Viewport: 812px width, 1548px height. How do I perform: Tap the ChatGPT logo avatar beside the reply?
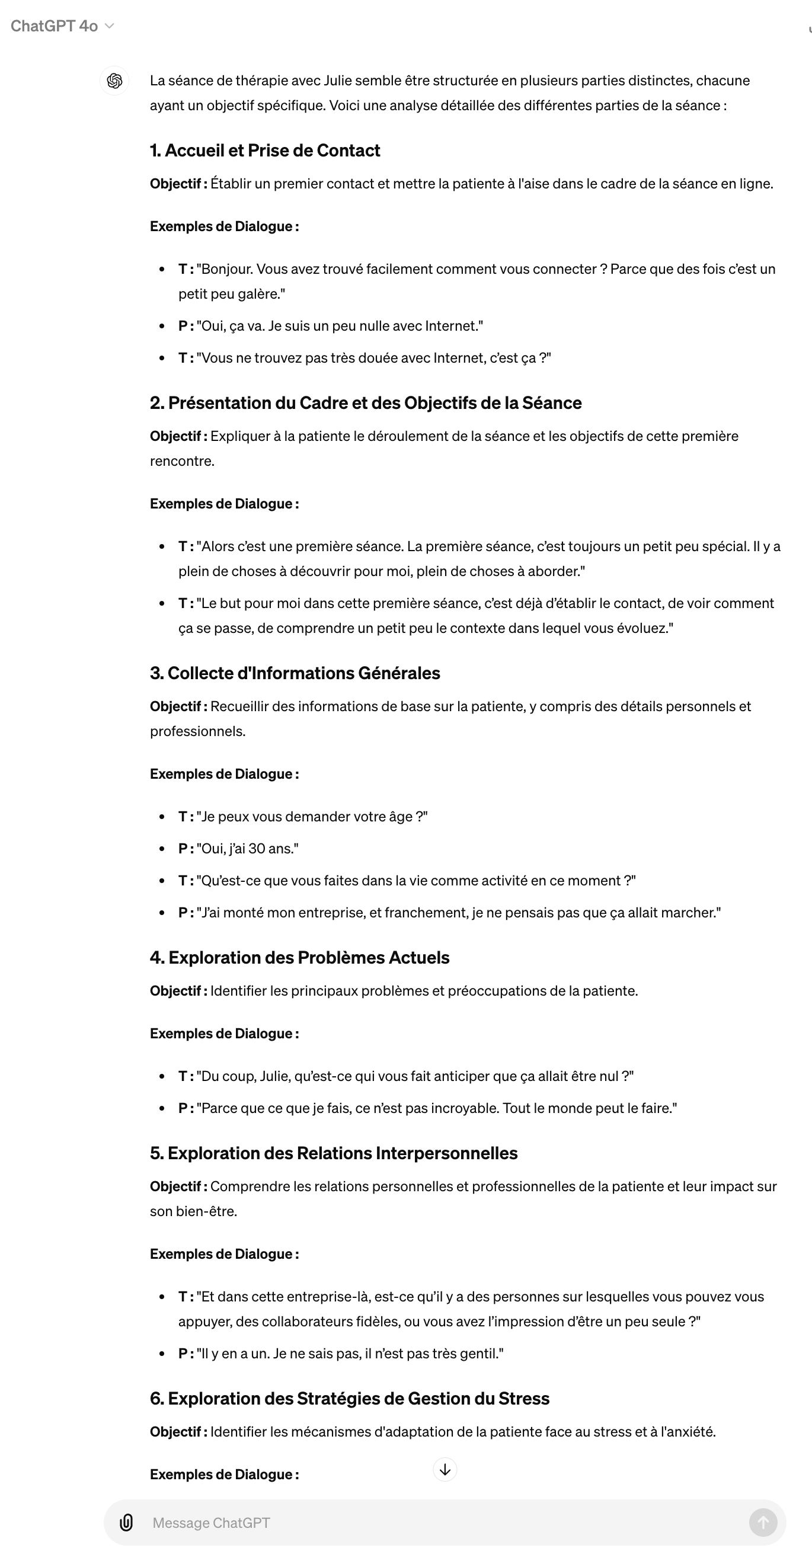pyautogui.click(x=114, y=81)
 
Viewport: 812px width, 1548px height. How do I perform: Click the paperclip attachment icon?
pyautogui.click(x=126, y=1522)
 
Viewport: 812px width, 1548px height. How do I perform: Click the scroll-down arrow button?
pyautogui.click(x=445, y=1469)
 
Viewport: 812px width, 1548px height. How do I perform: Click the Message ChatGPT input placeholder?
pyautogui.click(x=211, y=1522)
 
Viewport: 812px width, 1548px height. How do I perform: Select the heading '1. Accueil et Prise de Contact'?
pyautogui.click(x=264, y=150)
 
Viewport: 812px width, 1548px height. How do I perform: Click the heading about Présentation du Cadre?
pyautogui.click(x=366, y=402)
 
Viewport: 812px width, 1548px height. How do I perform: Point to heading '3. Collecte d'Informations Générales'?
pyautogui.click(x=295, y=673)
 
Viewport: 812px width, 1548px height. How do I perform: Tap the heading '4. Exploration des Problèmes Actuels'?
pyautogui.click(x=299, y=957)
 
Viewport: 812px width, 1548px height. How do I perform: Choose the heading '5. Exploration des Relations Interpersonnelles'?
pyautogui.click(x=334, y=1153)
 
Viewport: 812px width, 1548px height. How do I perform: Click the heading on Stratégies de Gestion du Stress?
pyautogui.click(x=349, y=1399)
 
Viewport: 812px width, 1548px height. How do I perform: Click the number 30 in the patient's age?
pyautogui.click(x=257, y=849)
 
